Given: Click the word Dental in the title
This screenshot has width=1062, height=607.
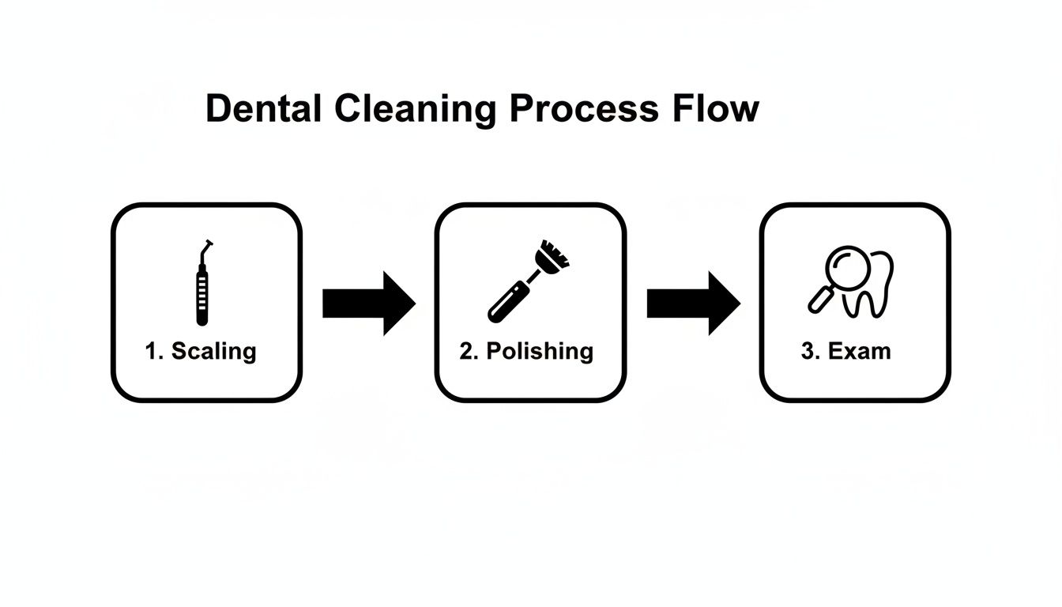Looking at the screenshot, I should pos(263,109).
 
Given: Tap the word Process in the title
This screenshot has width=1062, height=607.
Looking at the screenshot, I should pos(583,109).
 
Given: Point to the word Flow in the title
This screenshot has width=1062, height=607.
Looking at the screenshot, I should pos(716,109).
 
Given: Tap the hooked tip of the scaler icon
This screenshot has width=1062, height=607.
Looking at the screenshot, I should pos(209,247).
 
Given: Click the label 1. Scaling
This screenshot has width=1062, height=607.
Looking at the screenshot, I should pos(201,351).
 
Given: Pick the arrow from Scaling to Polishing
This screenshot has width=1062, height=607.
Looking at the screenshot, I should pos(368,303).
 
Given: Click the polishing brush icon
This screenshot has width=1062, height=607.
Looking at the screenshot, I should pos(525,281).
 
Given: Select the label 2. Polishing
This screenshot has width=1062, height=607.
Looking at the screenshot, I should pos(526,351).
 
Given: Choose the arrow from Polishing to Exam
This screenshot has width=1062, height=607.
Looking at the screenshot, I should pos(693,303).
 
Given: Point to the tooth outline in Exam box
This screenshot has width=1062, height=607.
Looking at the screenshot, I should pos(876,288).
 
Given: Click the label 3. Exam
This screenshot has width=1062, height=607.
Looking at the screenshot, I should pos(845,351).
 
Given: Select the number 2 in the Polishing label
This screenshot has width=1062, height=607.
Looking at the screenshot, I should pos(465,351).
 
